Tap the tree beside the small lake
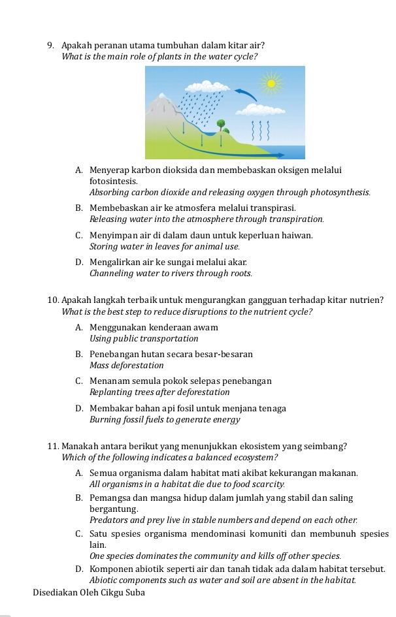(221, 124)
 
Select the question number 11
(54, 447)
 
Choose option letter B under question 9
(78, 208)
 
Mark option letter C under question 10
(78, 381)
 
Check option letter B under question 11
(78, 498)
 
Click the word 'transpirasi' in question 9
(274, 208)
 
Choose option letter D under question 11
(78, 570)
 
